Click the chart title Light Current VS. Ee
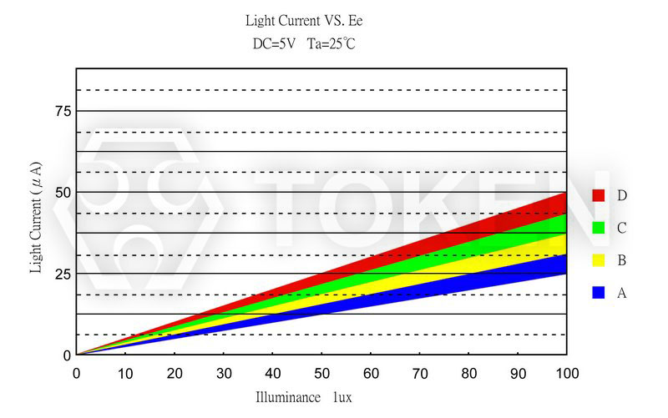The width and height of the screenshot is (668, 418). tap(304, 20)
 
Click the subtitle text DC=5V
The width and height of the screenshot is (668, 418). tap(273, 43)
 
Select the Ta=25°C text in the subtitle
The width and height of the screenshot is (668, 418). tap(331, 43)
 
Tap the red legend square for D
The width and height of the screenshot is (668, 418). tap(598, 195)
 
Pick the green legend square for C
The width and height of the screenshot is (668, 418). tap(598, 228)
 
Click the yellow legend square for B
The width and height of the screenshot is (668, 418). tap(598, 260)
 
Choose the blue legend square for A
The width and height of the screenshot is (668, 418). tap(598, 293)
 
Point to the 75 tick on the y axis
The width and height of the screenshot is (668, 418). tap(62, 111)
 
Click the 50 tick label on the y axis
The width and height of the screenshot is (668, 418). tap(62, 192)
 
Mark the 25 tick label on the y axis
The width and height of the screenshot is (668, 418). tap(62, 274)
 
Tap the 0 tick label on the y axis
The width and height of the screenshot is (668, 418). tap(67, 355)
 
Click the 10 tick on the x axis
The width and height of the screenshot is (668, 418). tap(125, 372)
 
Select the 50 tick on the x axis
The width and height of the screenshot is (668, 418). tap(321, 372)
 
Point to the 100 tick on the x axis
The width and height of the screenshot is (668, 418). tap(567, 372)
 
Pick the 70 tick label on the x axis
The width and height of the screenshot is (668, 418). tap(420, 372)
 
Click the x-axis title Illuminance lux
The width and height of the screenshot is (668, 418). tap(303, 398)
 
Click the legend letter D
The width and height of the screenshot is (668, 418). tap(622, 195)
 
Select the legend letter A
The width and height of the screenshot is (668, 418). tap(622, 293)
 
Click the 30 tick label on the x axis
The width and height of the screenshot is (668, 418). tap(224, 372)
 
